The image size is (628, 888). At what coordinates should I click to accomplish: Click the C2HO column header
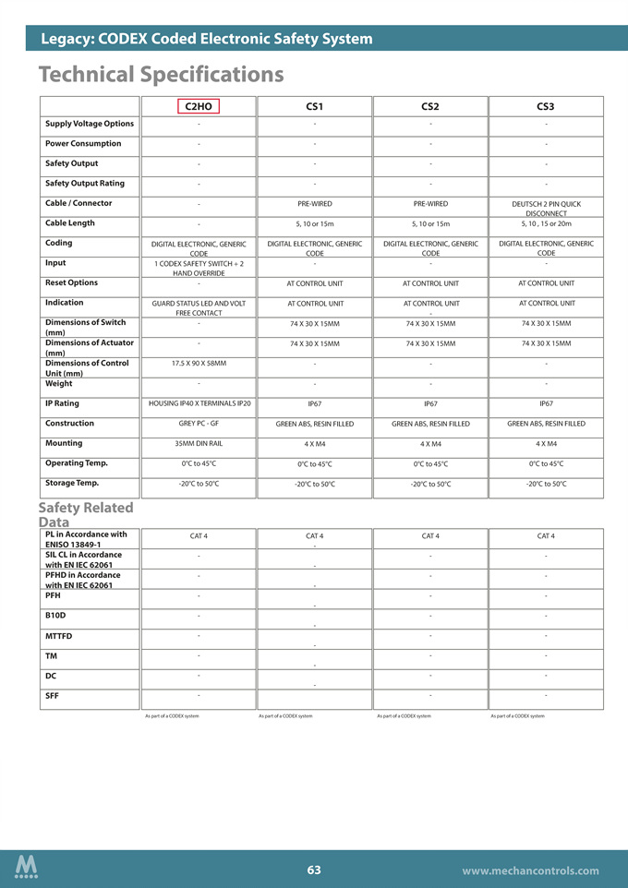tap(199, 107)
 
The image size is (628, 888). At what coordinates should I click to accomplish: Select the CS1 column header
tap(314, 107)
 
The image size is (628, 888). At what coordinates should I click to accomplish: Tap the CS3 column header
tap(545, 107)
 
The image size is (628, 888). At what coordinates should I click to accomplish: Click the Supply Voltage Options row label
tap(90, 124)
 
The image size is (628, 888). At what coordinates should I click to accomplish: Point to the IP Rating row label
tap(63, 403)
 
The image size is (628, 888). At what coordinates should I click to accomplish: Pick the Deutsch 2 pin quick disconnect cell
tap(546, 209)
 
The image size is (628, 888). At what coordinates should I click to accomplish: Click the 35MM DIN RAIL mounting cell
tap(199, 444)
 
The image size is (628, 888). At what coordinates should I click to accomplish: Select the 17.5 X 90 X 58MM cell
tap(199, 364)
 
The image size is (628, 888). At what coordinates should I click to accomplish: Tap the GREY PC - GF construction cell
tap(199, 424)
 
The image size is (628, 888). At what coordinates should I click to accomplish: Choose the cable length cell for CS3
tap(546, 223)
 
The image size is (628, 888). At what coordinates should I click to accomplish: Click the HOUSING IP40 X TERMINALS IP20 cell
tap(199, 403)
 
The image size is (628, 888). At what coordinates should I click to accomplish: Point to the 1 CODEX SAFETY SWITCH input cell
tap(199, 268)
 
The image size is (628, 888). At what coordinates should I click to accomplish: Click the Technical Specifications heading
tap(162, 74)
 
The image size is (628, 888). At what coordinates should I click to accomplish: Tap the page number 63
tap(314, 870)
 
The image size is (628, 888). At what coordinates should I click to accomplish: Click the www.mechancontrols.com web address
tap(530, 870)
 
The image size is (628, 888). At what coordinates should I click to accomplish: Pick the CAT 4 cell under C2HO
tap(199, 535)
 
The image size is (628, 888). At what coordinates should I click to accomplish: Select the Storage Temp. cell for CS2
tap(429, 484)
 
